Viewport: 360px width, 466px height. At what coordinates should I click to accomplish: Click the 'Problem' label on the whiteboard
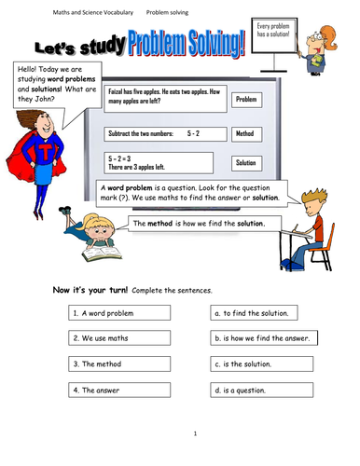pyautogui.click(x=246, y=99)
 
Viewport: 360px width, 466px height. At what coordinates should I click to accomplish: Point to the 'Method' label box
pyautogui.click(x=246, y=134)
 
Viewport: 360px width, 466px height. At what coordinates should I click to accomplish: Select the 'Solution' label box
pyautogui.click(x=246, y=162)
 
